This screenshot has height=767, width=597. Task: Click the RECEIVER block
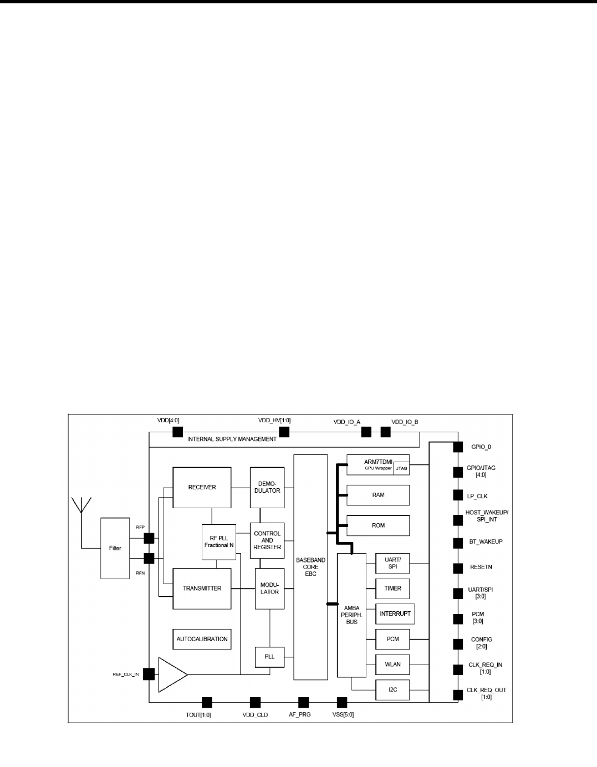pyautogui.click(x=202, y=487)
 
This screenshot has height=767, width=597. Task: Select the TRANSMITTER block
pyautogui.click(x=202, y=588)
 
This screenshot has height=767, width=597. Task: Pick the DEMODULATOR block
pyautogui.click(x=267, y=487)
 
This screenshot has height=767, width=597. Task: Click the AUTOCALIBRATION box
pyautogui.click(x=202, y=639)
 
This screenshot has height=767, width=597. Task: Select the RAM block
pyautogui.click(x=378, y=495)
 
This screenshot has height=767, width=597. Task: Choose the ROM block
pyautogui.click(x=378, y=525)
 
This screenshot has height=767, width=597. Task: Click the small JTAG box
pyautogui.click(x=401, y=469)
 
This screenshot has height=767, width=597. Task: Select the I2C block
pyautogui.click(x=392, y=690)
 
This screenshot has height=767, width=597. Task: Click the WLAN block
pyautogui.click(x=392, y=664)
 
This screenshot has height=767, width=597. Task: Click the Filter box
pyautogui.click(x=115, y=548)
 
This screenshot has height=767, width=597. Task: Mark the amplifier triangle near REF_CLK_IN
pyautogui.click(x=172, y=674)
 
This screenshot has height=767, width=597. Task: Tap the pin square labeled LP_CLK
pyautogui.click(x=458, y=495)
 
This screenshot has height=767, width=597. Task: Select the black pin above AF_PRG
pyautogui.click(x=303, y=702)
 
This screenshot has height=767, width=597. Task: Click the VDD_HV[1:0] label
pyautogui.click(x=274, y=421)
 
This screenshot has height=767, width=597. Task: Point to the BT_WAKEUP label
pyautogui.click(x=484, y=541)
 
